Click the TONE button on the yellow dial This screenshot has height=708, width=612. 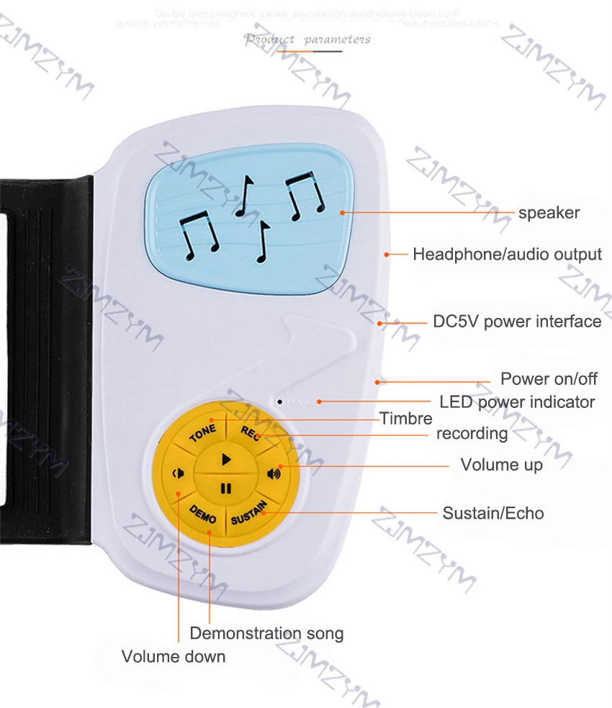[x=202, y=435]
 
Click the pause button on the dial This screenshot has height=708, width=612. [x=225, y=489]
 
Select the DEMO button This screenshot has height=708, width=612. [x=202, y=512]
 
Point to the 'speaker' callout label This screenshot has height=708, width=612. [x=549, y=212]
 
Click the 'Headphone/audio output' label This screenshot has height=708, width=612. [x=507, y=254]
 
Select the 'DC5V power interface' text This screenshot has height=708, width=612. [x=517, y=322]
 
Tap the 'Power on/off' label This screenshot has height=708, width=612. [x=549, y=379]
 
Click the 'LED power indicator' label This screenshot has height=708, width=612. [x=517, y=401]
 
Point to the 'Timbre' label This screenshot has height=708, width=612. [x=406, y=419]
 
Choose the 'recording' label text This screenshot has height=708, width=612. [x=472, y=434]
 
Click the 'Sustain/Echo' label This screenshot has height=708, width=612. [x=492, y=513]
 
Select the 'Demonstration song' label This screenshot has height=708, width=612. [x=266, y=634]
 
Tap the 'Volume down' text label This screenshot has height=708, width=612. [x=173, y=656]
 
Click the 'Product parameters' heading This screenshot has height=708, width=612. [x=307, y=39]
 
